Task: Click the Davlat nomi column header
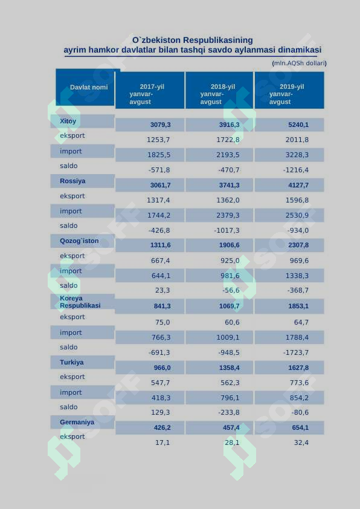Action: pos(89,87)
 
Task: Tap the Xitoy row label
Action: pos(68,121)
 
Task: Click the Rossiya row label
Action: pos(72,181)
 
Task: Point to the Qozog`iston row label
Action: pos(79,241)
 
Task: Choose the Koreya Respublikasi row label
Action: pos(80,302)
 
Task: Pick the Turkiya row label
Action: pos(72,362)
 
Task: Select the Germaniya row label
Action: pos(77,422)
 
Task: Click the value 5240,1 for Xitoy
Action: pos(298,125)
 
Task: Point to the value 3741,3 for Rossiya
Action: pos(229,185)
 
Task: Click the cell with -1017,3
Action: pos(227,230)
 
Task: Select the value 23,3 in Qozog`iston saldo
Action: pos(162,290)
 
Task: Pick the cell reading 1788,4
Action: pos(297,337)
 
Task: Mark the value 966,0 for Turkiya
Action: pos(162,368)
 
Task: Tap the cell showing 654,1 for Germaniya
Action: pos(300,427)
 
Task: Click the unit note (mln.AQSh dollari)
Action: pos(299,63)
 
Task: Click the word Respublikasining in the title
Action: pos(218,41)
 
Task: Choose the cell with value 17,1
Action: pos(162,443)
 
